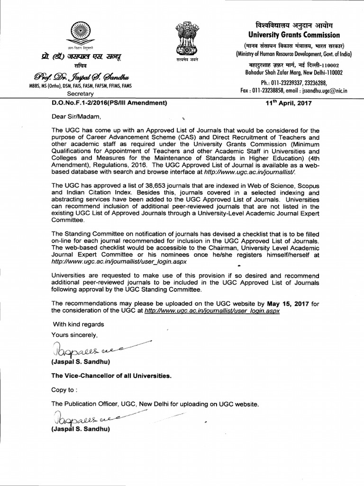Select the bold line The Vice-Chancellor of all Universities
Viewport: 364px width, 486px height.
(x=111, y=375)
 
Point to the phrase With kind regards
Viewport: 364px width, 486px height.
(x=78, y=325)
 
